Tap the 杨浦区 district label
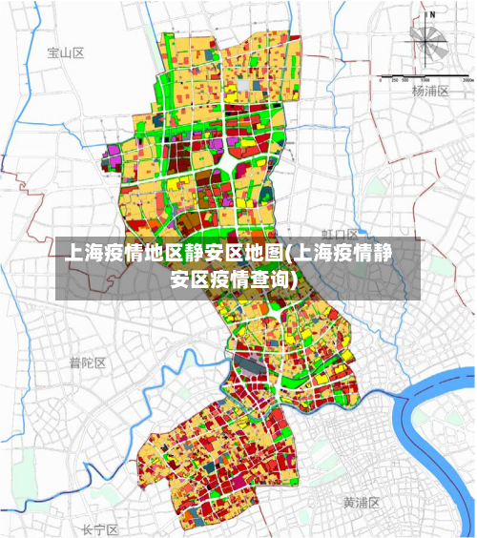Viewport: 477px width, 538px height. (x=429, y=92)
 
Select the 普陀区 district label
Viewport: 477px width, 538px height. (x=87, y=362)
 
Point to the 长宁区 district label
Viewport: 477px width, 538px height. (x=99, y=528)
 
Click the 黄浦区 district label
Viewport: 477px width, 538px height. (x=362, y=502)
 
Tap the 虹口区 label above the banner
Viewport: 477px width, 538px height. (x=339, y=234)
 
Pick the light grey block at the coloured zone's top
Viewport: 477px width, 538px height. (x=244, y=84)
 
